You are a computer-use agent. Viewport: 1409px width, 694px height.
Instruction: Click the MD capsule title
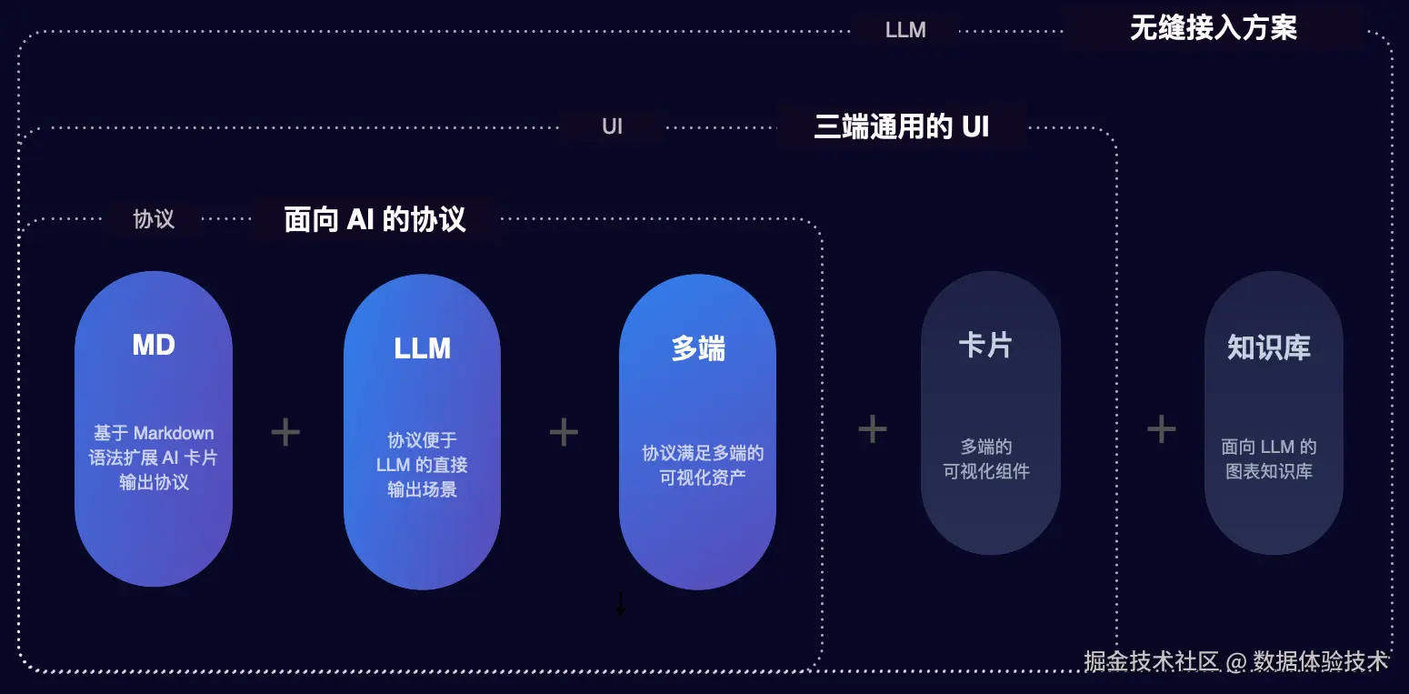(154, 345)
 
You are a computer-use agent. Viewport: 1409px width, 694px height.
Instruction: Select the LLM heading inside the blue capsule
(422, 348)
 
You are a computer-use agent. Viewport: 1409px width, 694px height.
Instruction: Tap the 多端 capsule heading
(698, 348)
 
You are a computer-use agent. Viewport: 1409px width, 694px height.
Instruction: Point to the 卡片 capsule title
(985, 346)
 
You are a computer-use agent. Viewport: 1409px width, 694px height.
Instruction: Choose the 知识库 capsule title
(1269, 347)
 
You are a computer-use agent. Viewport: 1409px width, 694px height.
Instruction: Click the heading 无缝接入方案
(1213, 28)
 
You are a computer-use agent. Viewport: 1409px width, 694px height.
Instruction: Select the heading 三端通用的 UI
(901, 126)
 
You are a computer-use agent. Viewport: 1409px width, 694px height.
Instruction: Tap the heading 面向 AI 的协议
(375, 219)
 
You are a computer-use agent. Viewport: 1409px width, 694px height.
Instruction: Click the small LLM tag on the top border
(905, 30)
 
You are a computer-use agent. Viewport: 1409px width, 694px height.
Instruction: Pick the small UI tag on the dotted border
(612, 126)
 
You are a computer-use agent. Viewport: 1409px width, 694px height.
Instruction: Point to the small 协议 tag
(154, 219)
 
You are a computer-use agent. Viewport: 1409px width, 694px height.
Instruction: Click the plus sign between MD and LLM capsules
(285, 432)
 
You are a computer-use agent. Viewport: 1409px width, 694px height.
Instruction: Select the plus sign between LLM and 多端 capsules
(564, 432)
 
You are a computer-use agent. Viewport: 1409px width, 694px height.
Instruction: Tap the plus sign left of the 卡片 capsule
(872, 428)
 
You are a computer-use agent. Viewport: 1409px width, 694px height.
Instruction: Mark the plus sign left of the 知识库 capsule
(1161, 428)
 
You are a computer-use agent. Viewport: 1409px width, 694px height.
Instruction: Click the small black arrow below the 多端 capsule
(621, 604)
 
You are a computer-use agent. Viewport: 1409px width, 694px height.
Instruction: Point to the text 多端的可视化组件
(986, 459)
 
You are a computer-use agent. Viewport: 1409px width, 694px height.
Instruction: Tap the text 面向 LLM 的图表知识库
(1269, 459)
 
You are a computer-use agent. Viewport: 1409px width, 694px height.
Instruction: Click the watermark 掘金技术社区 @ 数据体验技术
(1236, 661)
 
